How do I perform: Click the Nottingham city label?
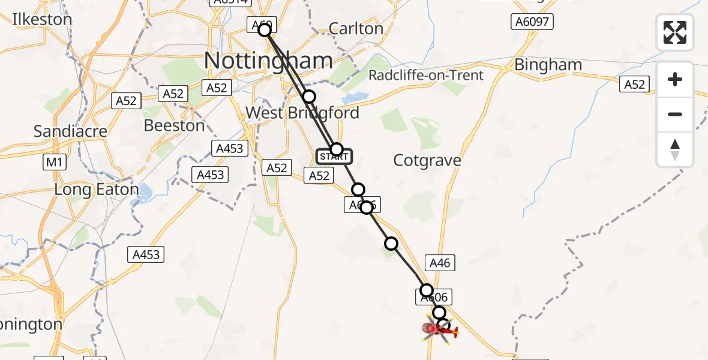[268, 61]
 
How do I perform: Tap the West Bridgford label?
[302, 113]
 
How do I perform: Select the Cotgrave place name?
[427, 160]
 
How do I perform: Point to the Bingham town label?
[548, 65]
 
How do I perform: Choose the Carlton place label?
[356, 28]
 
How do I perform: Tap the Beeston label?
[174, 125]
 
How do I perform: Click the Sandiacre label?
[71, 131]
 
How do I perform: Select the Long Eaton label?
[97, 190]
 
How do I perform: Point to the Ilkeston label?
[42, 19]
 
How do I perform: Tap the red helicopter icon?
[440, 328]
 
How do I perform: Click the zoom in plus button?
[675, 79]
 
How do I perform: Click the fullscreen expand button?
[675, 32]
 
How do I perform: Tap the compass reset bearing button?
[675, 149]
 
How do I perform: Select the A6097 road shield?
[532, 22]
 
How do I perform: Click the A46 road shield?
[440, 262]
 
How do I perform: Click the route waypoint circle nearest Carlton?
[308, 97]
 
